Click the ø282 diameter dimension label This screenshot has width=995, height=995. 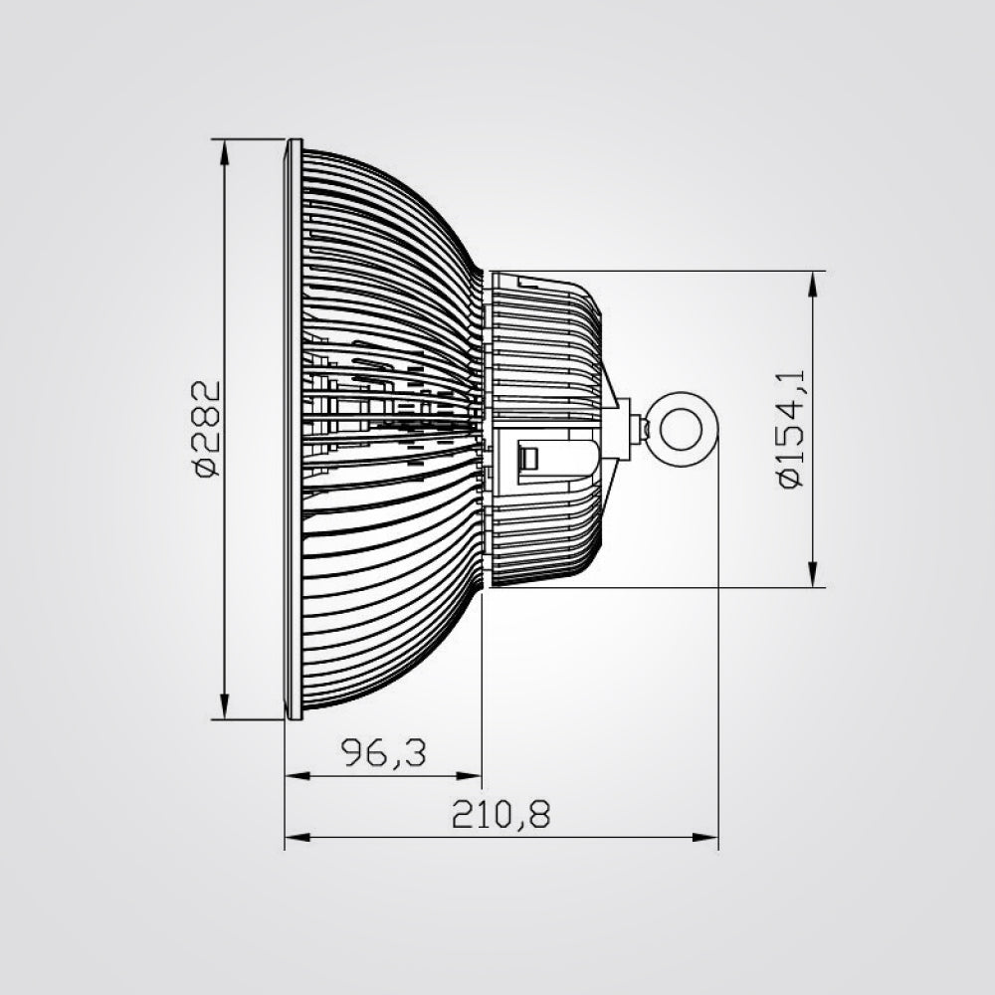(x=206, y=428)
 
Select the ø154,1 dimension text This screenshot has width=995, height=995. (x=792, y=428)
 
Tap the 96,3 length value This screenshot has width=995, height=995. (x=383, y=753)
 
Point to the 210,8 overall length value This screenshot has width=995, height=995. (x=500, y=815)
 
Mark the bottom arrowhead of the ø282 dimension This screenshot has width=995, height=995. (x=226, y=708)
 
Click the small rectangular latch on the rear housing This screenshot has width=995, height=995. (x=529, y=459)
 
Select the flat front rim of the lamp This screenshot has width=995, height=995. (x=293, y=428)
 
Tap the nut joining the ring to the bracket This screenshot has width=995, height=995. (x=643, y=430)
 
